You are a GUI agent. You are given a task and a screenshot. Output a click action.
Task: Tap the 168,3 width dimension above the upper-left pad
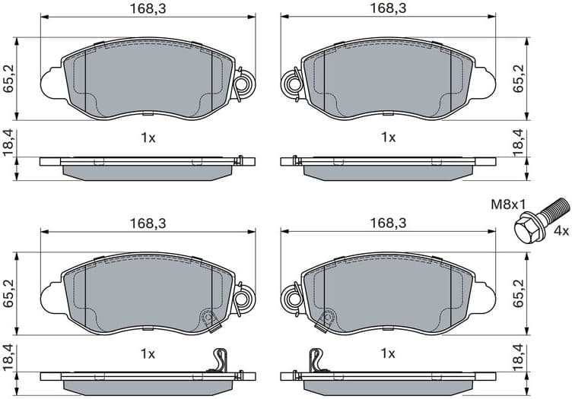coord(147,8)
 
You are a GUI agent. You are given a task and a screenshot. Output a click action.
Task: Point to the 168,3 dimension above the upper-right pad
coord(388,8)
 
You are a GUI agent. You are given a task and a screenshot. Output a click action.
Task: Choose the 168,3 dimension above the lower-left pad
coord(147,222)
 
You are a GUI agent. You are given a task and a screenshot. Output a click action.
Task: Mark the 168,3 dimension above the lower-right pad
coord(388,222)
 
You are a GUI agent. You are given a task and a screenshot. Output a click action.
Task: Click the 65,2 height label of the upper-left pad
coord(8,78)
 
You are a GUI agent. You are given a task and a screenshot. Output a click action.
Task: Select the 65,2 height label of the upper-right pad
coord(520,78)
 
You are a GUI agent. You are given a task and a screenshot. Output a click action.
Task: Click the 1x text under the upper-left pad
coord(147,138)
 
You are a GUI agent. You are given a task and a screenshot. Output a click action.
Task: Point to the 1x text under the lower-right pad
coord(388,353)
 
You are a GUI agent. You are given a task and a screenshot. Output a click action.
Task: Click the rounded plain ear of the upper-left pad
coord(52,81)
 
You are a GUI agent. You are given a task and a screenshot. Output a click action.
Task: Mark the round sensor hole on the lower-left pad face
coord(208,318)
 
